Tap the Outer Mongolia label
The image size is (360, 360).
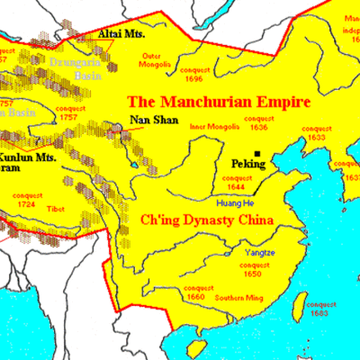(156, 61)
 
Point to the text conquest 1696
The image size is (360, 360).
(205, 75)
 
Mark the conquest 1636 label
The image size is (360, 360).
(263, 122)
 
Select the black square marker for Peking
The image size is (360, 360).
(257, 154)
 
